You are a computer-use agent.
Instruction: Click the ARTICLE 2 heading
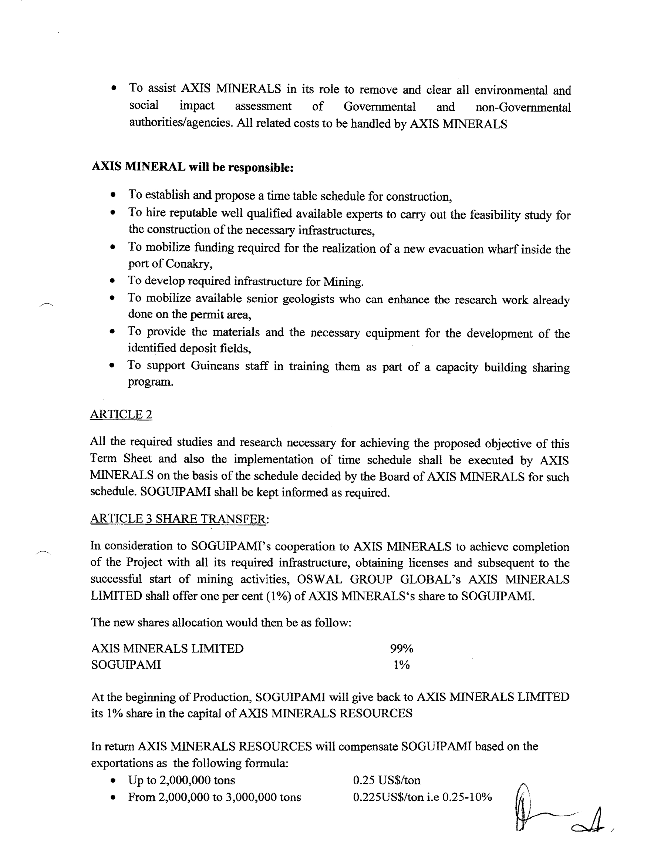coord(121,414)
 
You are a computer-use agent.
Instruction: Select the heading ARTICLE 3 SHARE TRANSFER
coord(179,518)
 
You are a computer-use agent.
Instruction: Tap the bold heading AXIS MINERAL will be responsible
coord(192,167)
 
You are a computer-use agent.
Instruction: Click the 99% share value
coord(402,648)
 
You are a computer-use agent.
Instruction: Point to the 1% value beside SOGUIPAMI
coord(402,665)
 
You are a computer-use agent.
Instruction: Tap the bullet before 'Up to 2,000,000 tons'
coord(113,781)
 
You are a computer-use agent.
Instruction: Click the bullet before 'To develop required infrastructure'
coord(113,281)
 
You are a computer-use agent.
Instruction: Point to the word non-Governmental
coord(523,107)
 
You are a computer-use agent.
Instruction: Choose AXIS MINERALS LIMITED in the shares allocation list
coord(168,648)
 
